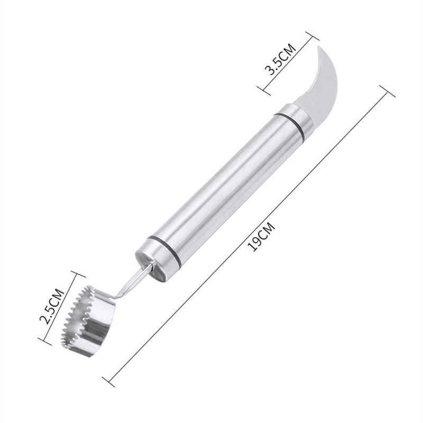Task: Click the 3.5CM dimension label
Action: click(281, 59)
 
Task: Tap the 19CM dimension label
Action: click(261, 237)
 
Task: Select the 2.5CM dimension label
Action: click(52, 307)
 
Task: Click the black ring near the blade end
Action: click(291, 123)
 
